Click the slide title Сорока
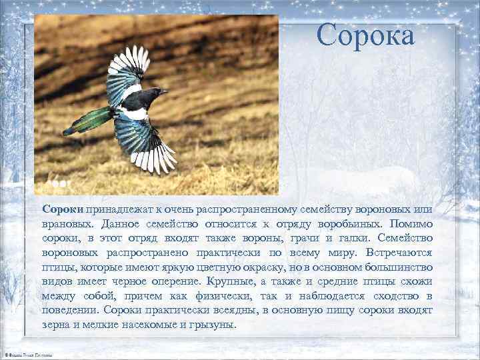[x=365, y=35]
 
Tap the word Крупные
[x=228, y=282]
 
